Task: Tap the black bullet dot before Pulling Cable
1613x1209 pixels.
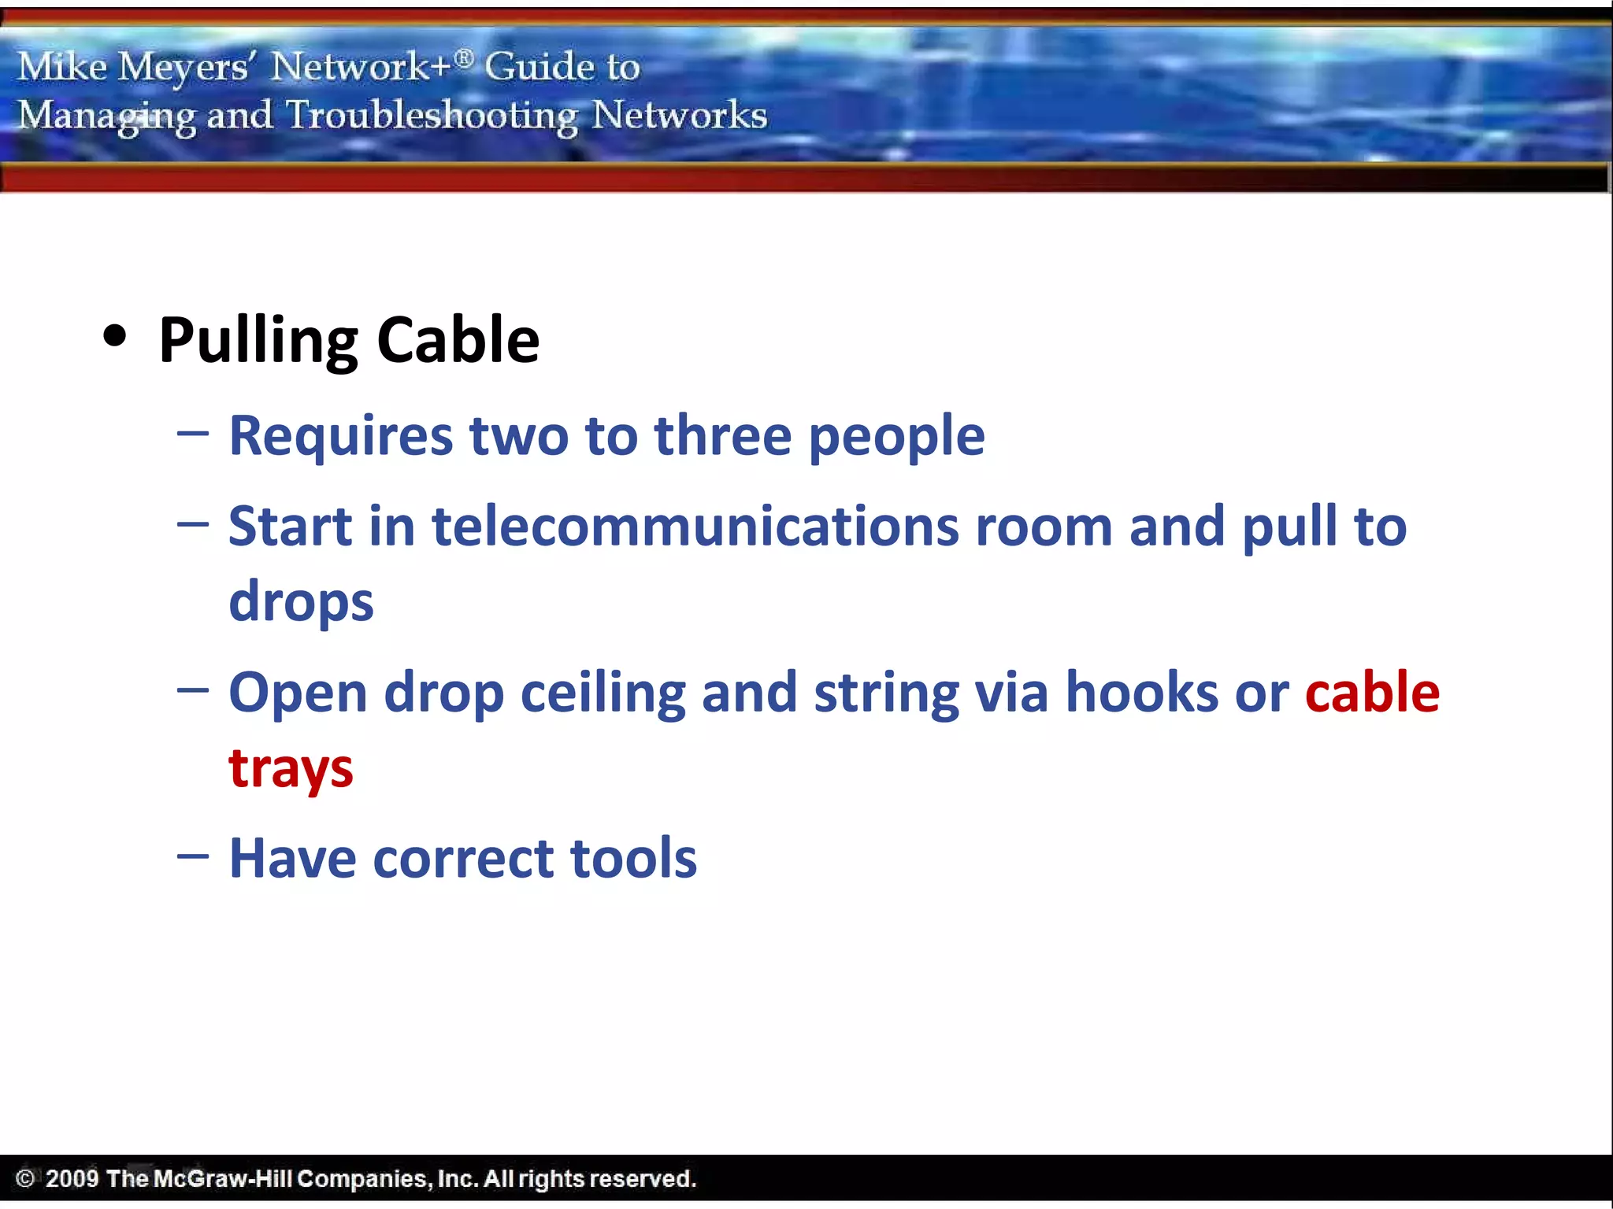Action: click(115, 336)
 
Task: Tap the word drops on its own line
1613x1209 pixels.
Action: click(301, 602)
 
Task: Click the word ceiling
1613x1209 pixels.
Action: click(603, 693)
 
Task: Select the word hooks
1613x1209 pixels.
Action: click(1142, 692)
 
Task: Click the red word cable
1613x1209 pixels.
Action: click(1372, 692)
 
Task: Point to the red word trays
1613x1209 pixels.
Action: click(291, 769)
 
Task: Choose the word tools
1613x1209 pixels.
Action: click(633, 858)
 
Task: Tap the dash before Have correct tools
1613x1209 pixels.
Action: click(193, 856)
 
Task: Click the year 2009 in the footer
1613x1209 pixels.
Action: click(72, 1178)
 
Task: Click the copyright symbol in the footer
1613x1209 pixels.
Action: click(25, 1178)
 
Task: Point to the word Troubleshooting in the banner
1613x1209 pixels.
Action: click(432, 116)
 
